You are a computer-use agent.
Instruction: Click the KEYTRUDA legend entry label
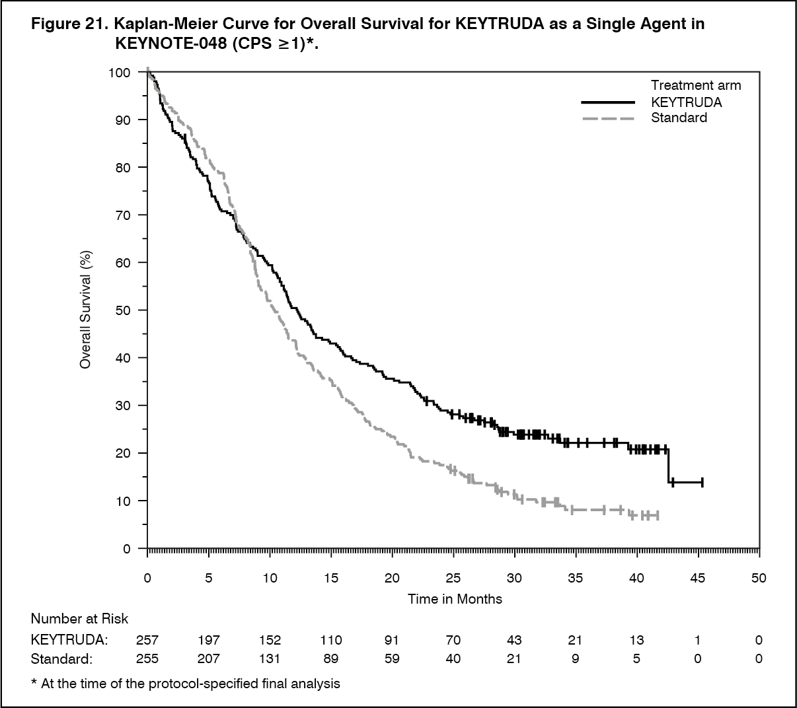686,102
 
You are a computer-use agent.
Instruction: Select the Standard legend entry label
679,118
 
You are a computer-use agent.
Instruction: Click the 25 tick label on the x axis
453,578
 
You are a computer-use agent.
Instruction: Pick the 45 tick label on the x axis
698,578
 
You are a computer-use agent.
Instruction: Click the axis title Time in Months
455,599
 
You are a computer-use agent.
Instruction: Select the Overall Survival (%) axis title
86,310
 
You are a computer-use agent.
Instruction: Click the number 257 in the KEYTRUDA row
147,640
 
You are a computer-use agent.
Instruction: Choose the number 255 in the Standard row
147,658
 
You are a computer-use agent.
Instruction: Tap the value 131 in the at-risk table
270,658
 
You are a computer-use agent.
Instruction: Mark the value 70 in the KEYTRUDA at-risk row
453,640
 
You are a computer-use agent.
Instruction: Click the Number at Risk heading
79,619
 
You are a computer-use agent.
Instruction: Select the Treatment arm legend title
696,85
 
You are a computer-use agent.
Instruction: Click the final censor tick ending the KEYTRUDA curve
702,482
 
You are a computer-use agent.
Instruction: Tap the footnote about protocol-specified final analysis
186,684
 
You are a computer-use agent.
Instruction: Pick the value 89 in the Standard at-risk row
331,658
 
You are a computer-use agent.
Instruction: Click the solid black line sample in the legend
608,102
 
